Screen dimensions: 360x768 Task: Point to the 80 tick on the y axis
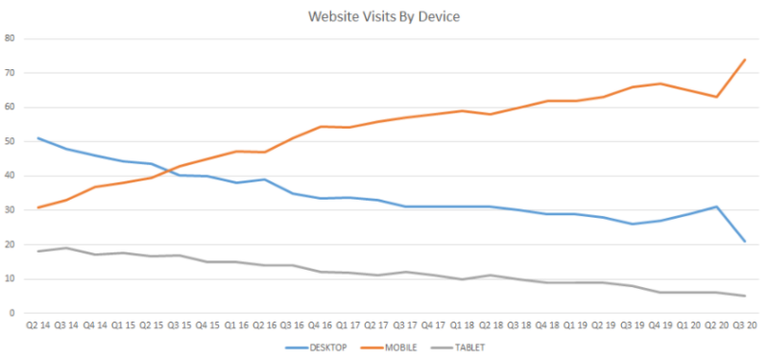11,38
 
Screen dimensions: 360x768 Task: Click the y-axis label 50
11,141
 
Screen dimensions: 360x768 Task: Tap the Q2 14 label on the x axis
37,326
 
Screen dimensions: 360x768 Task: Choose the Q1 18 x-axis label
461,326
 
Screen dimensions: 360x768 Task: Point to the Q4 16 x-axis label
320,326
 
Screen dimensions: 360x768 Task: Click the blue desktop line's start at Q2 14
37,138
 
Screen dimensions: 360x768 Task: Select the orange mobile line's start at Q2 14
37,207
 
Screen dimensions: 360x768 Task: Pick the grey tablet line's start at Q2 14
37,252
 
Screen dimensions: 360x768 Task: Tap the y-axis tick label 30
11,210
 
